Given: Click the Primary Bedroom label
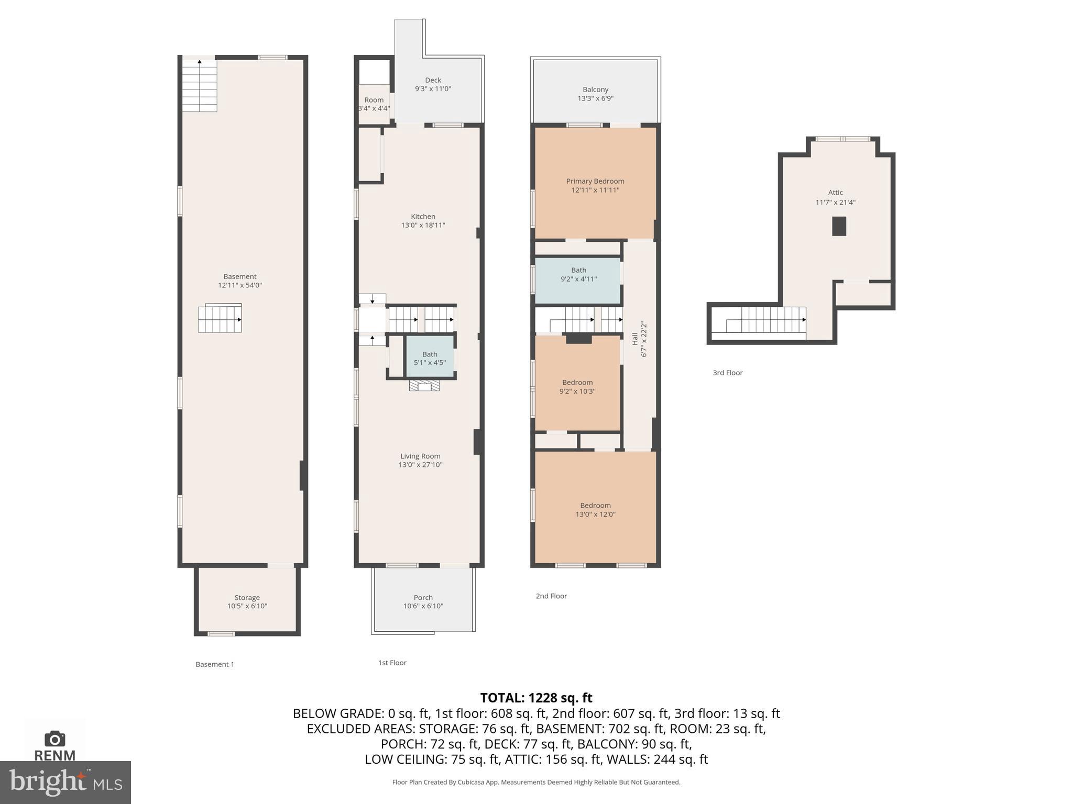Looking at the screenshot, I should pos(595,182).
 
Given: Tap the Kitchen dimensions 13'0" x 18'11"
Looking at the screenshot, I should pos(423,225).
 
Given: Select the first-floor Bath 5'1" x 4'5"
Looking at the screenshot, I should pos(430,358).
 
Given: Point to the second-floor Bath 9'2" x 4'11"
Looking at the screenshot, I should pos(578,275).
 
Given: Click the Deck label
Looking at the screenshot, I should pos(433,80).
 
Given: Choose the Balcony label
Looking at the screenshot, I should pos(595,90).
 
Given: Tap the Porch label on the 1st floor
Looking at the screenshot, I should pos(423,597).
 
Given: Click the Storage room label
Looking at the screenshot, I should pos(247,597).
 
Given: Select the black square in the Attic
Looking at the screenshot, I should pos(839,226).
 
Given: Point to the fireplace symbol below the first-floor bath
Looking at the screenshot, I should pos(424,386).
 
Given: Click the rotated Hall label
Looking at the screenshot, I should pos(635,339).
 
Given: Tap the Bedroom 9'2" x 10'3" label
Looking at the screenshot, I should pos(577,387).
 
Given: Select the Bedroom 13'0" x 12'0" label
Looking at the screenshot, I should pos(595,510).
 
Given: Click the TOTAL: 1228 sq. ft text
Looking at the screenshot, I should pos(536,698).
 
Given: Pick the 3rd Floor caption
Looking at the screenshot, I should pos(727,373).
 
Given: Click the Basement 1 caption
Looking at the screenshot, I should pos(215,664).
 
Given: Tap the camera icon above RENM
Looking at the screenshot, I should pos(55,739).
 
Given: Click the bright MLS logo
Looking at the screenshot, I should pos(65,782).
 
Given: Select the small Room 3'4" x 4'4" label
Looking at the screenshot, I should pos(374,104).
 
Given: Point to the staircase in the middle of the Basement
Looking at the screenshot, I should pos(220,319).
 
